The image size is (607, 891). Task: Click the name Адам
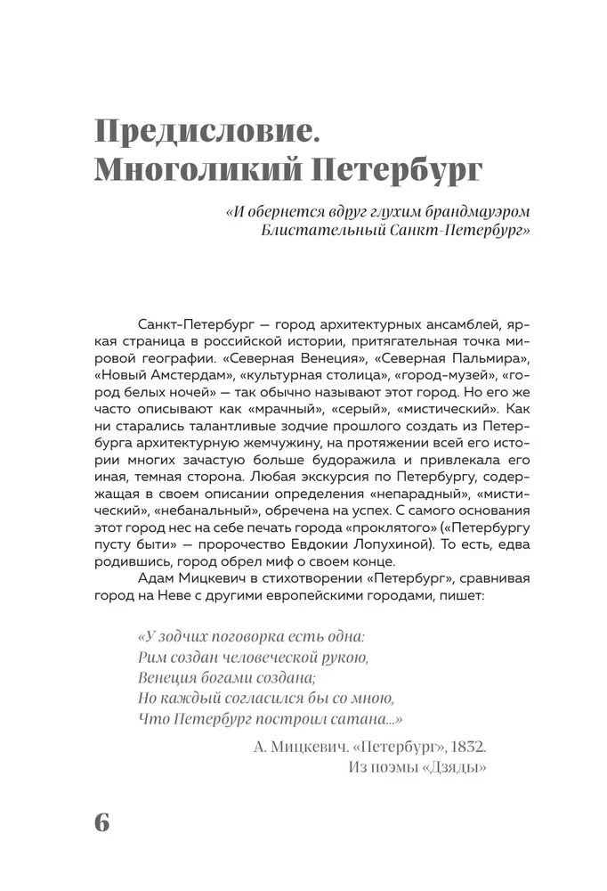pyautogui.click(x=158, y=579)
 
